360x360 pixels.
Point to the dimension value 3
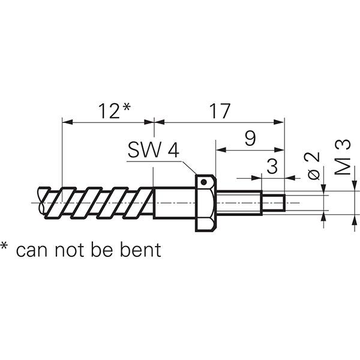click(272, 166)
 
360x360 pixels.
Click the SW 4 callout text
click(153, 151)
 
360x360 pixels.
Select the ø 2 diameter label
click(311, 165)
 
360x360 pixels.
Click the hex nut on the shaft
click(205, 204)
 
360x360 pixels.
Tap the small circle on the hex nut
click(205, 181)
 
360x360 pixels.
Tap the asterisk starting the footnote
click(5, 247)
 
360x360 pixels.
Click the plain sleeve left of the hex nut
click(174, 203)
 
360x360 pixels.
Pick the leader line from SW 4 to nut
click(189, 168)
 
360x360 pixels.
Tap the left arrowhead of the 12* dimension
click(67, 122)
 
